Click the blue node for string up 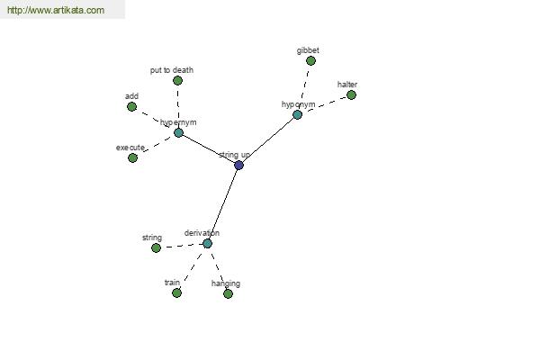click(x=238, y=166)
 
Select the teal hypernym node click(x=178, y=132)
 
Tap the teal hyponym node click(x=297, y=114)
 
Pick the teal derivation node click(x=207, y=244)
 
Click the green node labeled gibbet click(x=310, y=61)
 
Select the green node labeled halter click(x=351, y=95)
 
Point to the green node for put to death click(x=177, y=81)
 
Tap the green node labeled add click(x=131, y=107)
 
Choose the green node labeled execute click(x=132, y=158)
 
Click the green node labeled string click(x=156, y=248)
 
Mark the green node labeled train click(x=176, y=293)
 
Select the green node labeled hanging click(x=228, y=294)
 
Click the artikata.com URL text click(x=56, y=10)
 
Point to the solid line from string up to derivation click(x=223, y=204)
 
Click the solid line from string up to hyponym click(x=268, y=139)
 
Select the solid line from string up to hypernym click(x=209, y=148)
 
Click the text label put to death click(x=172, y=70)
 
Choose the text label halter click(x=347, y=85)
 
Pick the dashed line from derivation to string click(x=182, y=246)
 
